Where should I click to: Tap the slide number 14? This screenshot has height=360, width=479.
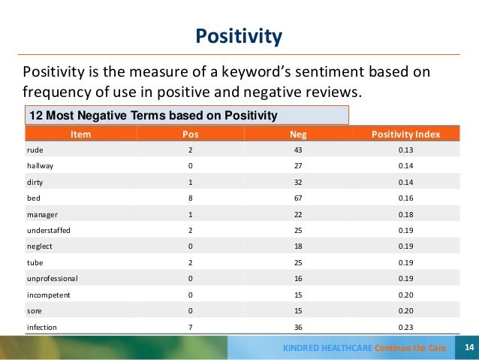pyautogui.click(x=469, y=347)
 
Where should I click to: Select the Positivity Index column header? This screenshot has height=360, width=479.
pyautogui.click(x=405, y=134)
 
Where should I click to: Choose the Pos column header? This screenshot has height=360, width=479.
pyautogui.click(x=191, y=134)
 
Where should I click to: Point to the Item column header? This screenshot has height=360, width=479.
pyautogui.click(x=80, y=134)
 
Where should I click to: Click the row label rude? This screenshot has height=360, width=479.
pyautogui.click(x=35, y=150)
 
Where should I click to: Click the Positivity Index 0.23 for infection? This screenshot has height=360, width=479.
pyautogui.click(x=405, y=328)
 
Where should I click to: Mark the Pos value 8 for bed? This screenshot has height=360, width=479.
pyautogui.click(x=191, y=198)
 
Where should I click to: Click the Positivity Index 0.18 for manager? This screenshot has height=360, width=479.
pyautogui.click(x=405, y=214)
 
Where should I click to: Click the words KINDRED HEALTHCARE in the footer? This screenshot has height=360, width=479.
pyautogui.click(x=327, y=348)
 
